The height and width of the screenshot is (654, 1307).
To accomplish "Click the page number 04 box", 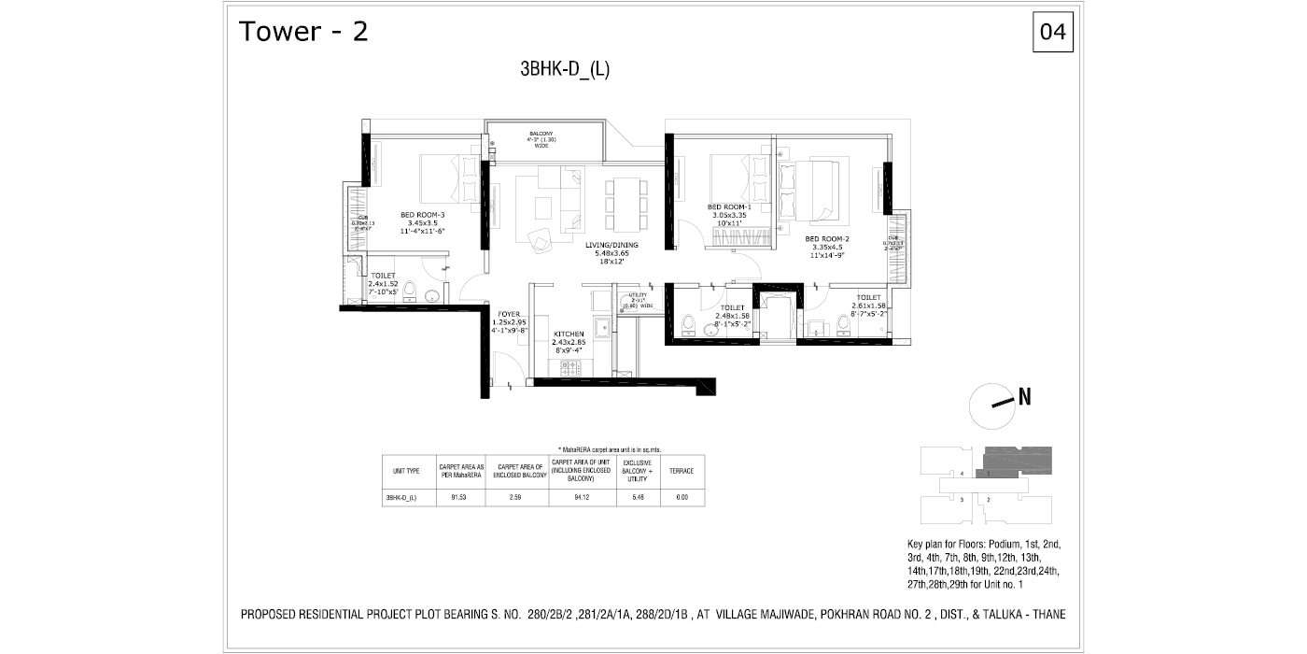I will [x=1052, y=33].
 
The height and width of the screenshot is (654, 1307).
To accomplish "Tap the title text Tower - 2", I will [x=303, y=33].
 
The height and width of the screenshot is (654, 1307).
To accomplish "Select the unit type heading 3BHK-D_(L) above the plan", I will [x=565, y=69].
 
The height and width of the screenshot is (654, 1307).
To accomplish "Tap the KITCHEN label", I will [x=569, y=334].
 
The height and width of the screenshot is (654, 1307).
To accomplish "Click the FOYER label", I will [x=509, y=314].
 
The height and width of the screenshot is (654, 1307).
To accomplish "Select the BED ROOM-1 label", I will [x=727, y=206].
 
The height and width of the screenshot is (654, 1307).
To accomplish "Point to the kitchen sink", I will [x=603, y=326].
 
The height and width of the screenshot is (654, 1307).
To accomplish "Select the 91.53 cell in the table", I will [x=458, y=498].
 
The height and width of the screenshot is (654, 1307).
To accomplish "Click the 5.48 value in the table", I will [x=638, y=498].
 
